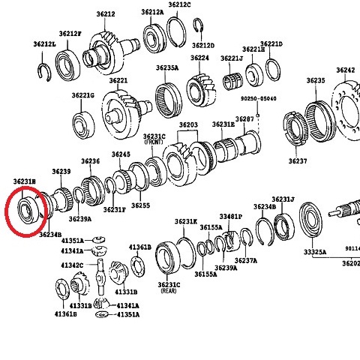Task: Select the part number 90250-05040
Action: coord(259,98)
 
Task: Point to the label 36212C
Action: coord(179,4)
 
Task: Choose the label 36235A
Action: coord(167,67)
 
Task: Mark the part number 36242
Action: coord(346,70)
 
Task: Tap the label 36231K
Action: coord(185,221)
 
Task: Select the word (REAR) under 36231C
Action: coord(169,291)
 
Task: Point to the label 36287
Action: coord(244,120)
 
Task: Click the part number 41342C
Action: coord(72,265)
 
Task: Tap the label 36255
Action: coord(140,205)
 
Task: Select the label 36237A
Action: coord(245,260)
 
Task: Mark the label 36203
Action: coord(188,124)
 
